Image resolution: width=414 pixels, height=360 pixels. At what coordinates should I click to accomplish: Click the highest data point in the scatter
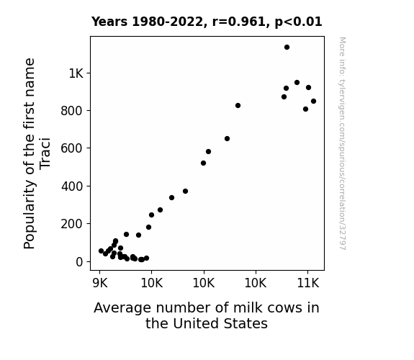coord(287,48)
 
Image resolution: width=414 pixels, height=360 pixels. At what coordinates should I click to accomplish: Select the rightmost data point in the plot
coord(313,101)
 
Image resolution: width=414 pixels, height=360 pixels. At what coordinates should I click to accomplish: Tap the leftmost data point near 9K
coord(101,251)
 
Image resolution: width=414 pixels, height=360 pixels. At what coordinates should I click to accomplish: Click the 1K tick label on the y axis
coord(76,73)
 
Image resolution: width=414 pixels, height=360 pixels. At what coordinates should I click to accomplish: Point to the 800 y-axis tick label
coord(72,111)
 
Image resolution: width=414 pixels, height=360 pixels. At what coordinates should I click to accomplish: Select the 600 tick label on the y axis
coord(72,148)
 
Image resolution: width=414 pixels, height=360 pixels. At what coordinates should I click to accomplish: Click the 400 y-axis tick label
coord(72,186)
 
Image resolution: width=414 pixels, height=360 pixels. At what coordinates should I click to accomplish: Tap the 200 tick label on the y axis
coord(72,224)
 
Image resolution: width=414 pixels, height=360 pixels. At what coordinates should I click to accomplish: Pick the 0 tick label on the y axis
coord(79,262)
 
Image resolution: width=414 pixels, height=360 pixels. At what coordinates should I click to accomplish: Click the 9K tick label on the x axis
coord(100,283)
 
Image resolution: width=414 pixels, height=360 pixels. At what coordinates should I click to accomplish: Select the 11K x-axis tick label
coord(308,283)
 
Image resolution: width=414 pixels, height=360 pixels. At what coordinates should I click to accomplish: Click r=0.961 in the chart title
coord(239,22)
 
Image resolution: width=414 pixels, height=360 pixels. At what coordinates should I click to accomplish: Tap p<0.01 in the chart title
coord(298,22)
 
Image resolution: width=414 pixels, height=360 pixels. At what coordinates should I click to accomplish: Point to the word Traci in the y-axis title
coord(45,153)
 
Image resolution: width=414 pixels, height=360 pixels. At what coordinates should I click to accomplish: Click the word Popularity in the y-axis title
coord(30,215)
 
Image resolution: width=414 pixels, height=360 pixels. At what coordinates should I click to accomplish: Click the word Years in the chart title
coord(109,22)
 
